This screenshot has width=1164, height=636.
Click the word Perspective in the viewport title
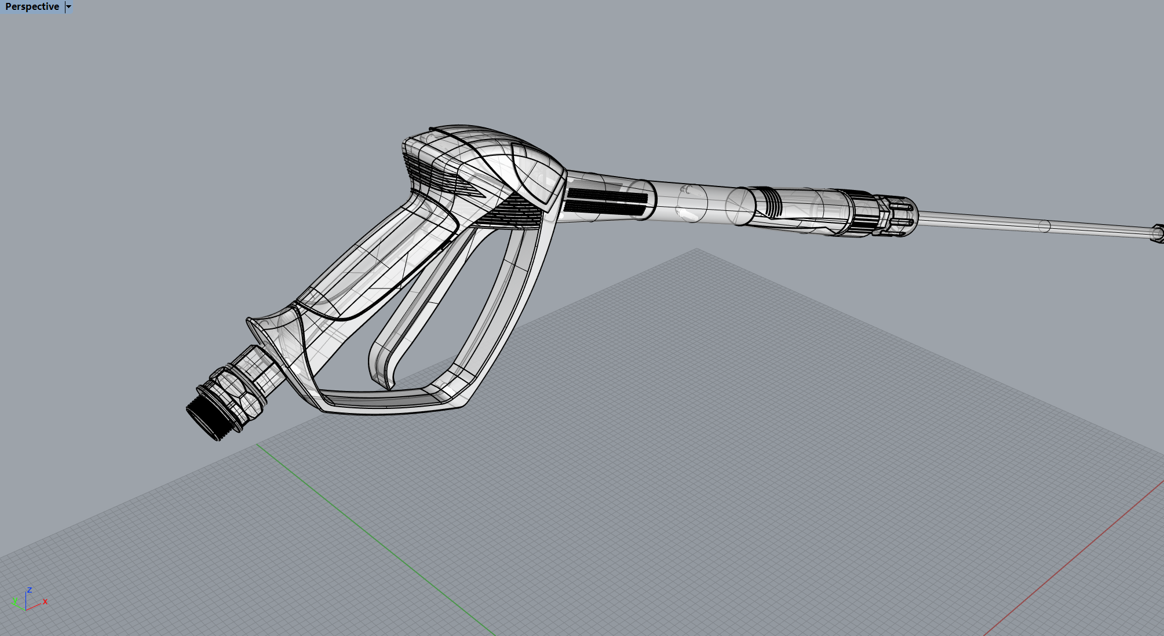pos(32,7)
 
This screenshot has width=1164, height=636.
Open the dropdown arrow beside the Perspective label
pos(68,7)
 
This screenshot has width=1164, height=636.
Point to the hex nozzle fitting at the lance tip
pos(1158,233)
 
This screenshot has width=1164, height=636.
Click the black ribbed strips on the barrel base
pos(605,201)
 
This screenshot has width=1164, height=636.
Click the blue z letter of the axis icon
pos(29,590)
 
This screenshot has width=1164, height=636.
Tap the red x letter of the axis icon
pos(45,602)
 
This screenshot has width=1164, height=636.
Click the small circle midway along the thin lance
pos(1044,226)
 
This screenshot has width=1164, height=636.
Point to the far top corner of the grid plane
pos(697,250)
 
